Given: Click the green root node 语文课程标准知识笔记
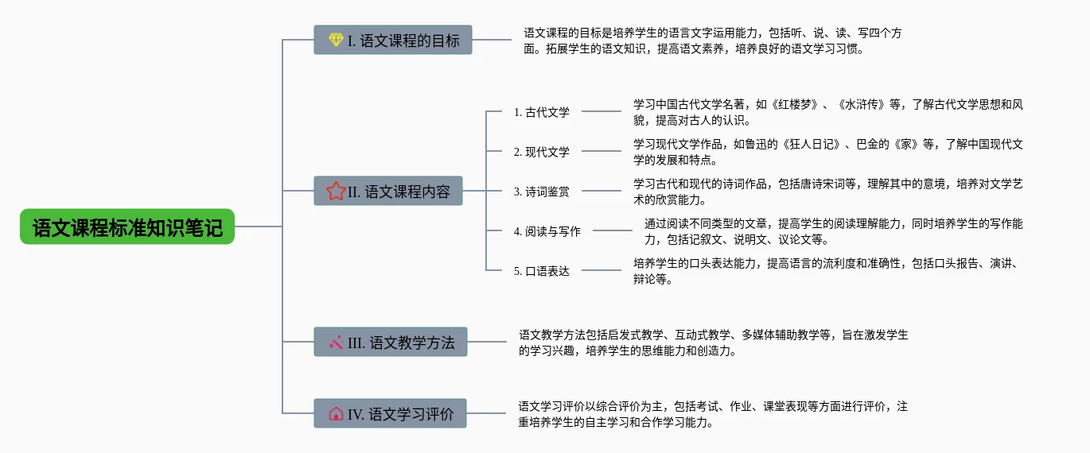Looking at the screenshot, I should coord(127,227).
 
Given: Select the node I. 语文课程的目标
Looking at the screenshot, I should coord(393,40).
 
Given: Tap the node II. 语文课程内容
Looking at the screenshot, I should coord(388,192).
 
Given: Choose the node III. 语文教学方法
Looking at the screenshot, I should coord(390,343).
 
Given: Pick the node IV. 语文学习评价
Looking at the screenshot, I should coord(390,413).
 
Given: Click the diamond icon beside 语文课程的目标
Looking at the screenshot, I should coord(336,40).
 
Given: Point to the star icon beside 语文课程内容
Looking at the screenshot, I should coord(336,192).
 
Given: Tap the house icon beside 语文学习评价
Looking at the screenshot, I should coord(336,413).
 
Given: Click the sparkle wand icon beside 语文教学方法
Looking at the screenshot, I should coord(336,343).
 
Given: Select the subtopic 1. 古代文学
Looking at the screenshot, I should coord(542,112).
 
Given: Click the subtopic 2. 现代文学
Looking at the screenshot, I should coord(542,152).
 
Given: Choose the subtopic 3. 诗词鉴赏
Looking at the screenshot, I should coord(542,192).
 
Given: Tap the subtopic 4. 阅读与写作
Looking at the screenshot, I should coord(547,231).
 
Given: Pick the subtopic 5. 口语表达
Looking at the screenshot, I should coord(542,271).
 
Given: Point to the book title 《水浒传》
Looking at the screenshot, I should coord(863,104).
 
